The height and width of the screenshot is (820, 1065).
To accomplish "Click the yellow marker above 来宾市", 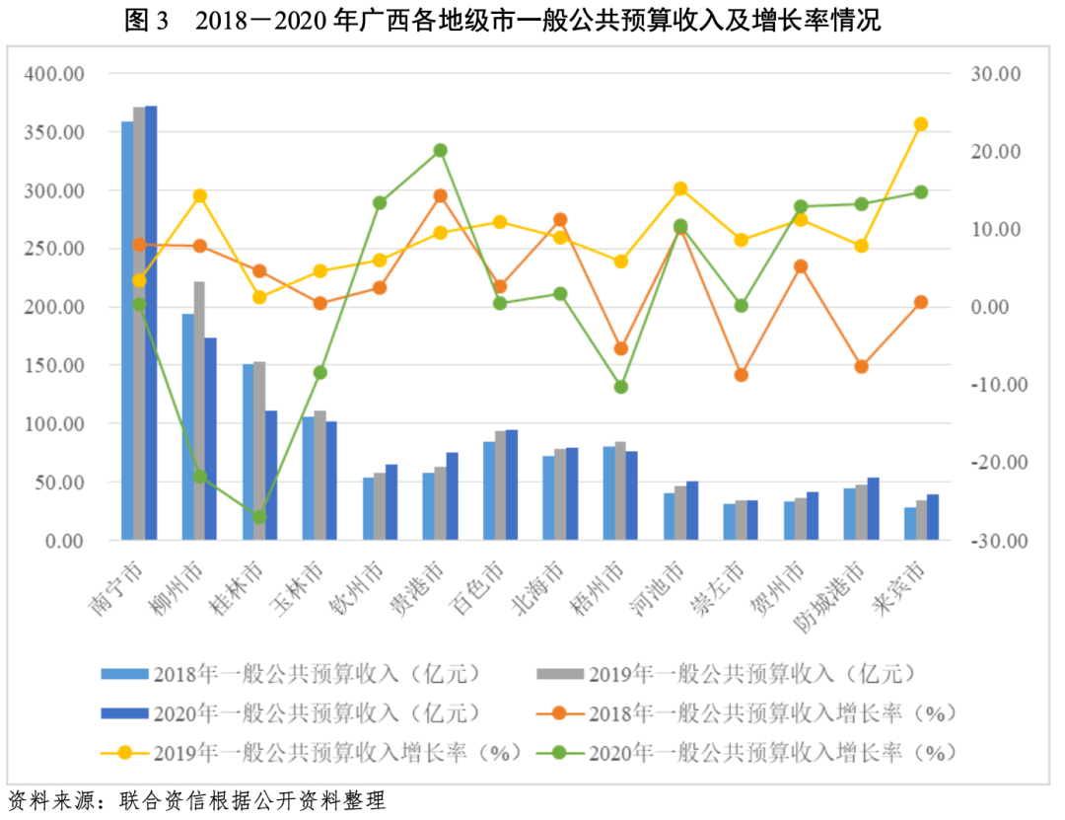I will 921,124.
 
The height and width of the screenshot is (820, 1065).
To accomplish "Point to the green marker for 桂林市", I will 259,517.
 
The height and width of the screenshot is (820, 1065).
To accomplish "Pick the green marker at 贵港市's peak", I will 441,151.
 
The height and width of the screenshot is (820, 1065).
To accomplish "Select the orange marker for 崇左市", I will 742,375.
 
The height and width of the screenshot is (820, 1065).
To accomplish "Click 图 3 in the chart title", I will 147,21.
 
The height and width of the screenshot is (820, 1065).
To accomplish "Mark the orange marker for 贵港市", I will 441,195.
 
